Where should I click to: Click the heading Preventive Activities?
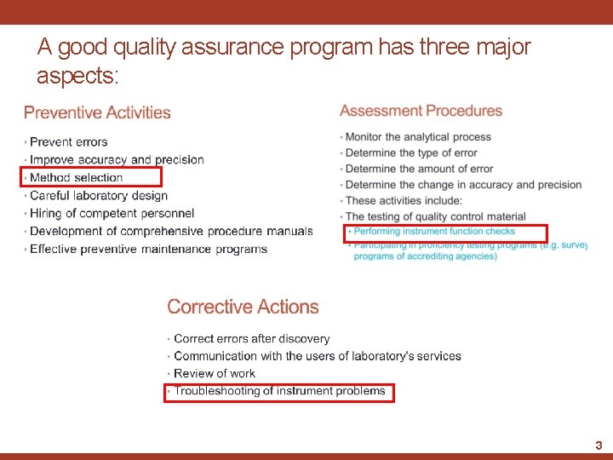(97, 112)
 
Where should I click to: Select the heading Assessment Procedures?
(421, 111)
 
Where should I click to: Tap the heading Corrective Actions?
(243, 307)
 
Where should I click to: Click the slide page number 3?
(599, 445)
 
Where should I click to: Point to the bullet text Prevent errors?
(68, 141)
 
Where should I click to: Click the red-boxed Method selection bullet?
(76, 177)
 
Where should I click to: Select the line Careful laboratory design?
(98, 195)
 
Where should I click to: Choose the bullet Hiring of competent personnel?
(112, 213)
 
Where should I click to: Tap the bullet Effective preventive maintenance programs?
(148, 249)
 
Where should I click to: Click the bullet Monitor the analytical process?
(418, 137)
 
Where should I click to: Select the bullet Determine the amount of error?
(419, 169)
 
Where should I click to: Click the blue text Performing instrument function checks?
(434, 231)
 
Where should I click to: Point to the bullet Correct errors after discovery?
(251, 338)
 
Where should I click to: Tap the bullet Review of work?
(215, 373)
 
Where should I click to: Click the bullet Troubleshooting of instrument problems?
(279, 391)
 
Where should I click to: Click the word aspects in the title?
(74, 76)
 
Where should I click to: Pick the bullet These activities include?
(404, 200)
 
